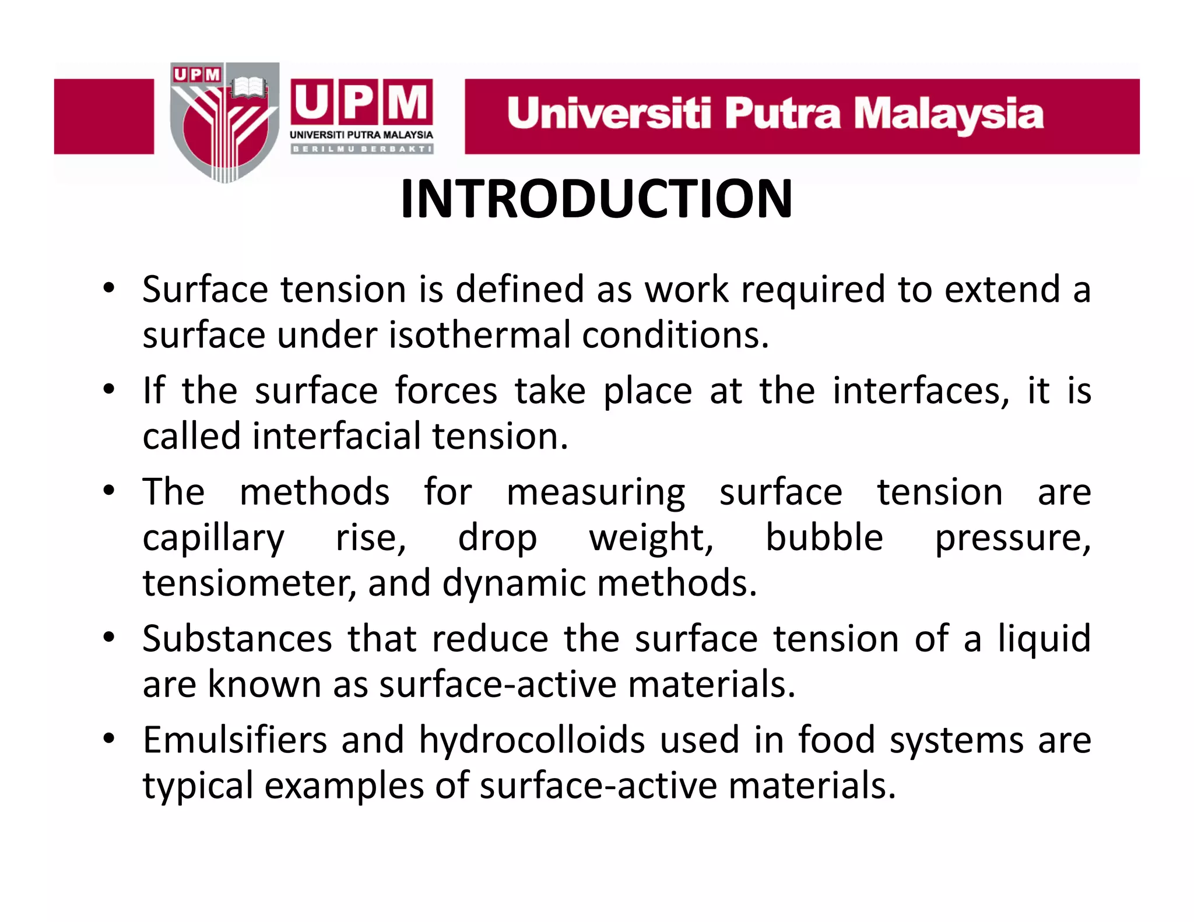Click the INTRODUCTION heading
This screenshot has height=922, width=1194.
point(596,199)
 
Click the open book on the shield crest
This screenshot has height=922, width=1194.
point(249,88)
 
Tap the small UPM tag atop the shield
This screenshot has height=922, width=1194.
point(196,74)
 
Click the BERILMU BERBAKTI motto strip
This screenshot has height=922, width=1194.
point(361,149)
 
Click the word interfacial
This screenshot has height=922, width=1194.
point(337,436)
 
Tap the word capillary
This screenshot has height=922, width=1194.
point(213,537)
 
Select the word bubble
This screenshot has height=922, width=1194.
point(824,537)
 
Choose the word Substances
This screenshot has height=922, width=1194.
point(237,638)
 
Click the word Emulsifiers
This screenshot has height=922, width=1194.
point(235,740)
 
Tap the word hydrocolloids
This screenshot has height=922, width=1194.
point(532,740)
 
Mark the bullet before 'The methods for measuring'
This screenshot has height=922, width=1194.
point(109,491)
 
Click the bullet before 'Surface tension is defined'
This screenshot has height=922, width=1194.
point(109,288)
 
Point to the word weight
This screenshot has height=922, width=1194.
point(651,537)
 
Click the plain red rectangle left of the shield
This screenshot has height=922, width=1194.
point(104,117)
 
